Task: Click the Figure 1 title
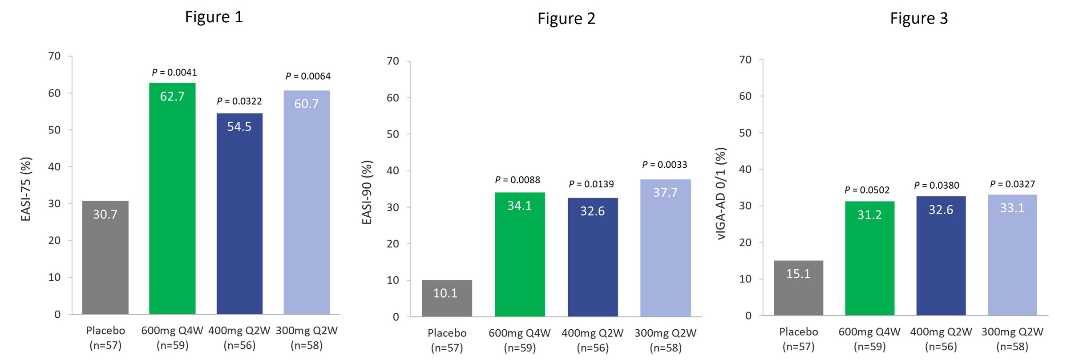[x=214, y=17]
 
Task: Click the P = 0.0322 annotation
[x=239, y=101]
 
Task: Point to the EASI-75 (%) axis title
[x=26, y=189]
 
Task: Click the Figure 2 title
[x=566, y=19]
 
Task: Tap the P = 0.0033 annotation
[x=664, y=165]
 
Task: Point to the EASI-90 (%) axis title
[x=367, y=192]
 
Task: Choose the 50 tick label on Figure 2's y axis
[x=392, y=134]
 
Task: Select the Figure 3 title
[x=918, y=18]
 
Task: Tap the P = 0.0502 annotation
[x=867, y=190]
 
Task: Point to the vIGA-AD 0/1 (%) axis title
[x=720, y=194]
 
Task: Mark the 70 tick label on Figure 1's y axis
[x=54, y=56]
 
